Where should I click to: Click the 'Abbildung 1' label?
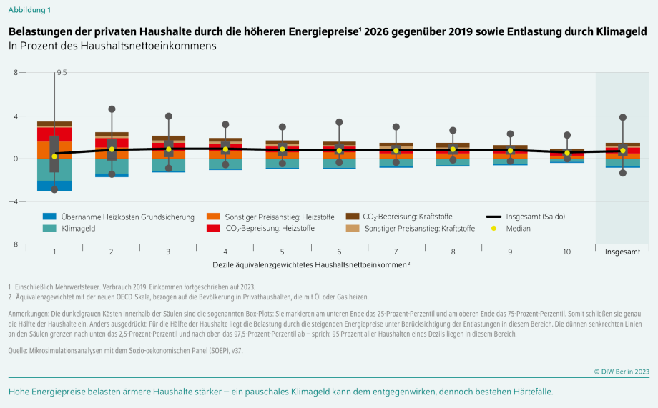29,10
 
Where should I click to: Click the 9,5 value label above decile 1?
62,73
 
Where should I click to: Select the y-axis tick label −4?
14,201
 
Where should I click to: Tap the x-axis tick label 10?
567,252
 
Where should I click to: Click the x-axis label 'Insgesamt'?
622,252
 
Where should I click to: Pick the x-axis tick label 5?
282,252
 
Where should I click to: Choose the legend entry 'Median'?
519,229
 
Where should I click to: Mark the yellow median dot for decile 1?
54,156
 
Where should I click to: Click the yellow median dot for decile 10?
567,152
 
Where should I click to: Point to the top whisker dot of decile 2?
112,109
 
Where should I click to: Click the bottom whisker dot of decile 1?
54,189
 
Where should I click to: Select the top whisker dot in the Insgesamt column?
623,117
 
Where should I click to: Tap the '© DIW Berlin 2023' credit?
622,371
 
